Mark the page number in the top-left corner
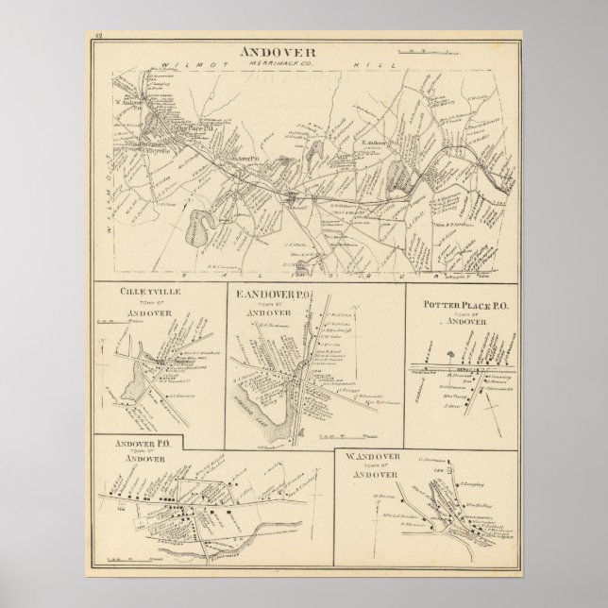99,36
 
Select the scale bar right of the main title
457,51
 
